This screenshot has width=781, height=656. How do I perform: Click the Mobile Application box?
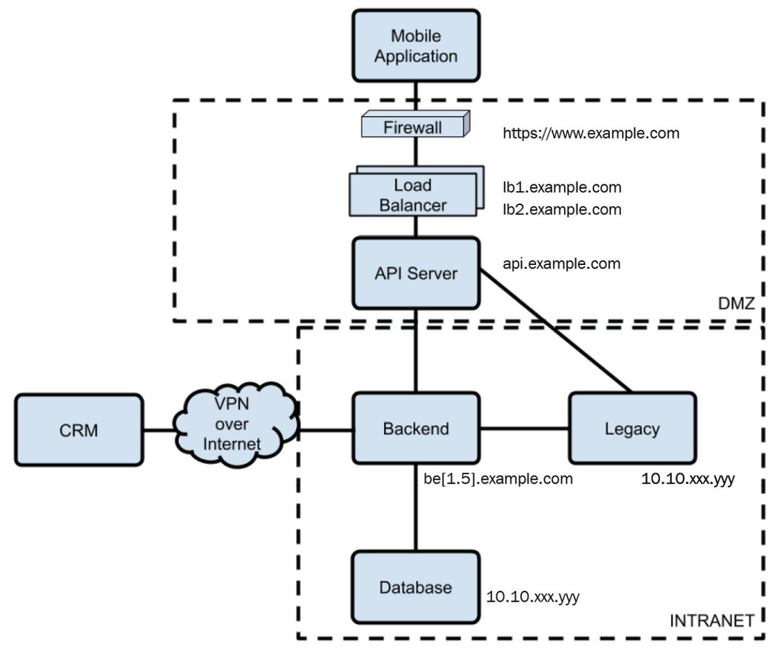416,46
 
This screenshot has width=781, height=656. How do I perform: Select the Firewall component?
413,126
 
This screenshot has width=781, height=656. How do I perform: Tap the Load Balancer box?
413,195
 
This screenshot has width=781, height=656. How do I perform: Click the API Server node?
416,273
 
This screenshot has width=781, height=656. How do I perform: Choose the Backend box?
416,429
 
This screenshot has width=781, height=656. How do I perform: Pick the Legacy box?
632,429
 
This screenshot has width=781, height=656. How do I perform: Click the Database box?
416,588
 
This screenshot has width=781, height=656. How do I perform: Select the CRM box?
79,430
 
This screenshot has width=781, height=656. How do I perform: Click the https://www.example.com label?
591,133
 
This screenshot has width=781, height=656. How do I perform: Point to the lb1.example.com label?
562,187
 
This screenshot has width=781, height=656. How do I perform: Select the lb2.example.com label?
562,210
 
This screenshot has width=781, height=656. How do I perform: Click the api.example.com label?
561,264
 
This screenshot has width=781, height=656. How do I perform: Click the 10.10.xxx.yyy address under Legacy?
689,480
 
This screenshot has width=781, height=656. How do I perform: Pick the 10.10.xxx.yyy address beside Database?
533,596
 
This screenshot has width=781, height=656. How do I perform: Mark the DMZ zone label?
736,303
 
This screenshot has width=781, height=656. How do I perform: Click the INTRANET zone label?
712,620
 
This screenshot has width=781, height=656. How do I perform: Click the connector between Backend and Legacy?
524,428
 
